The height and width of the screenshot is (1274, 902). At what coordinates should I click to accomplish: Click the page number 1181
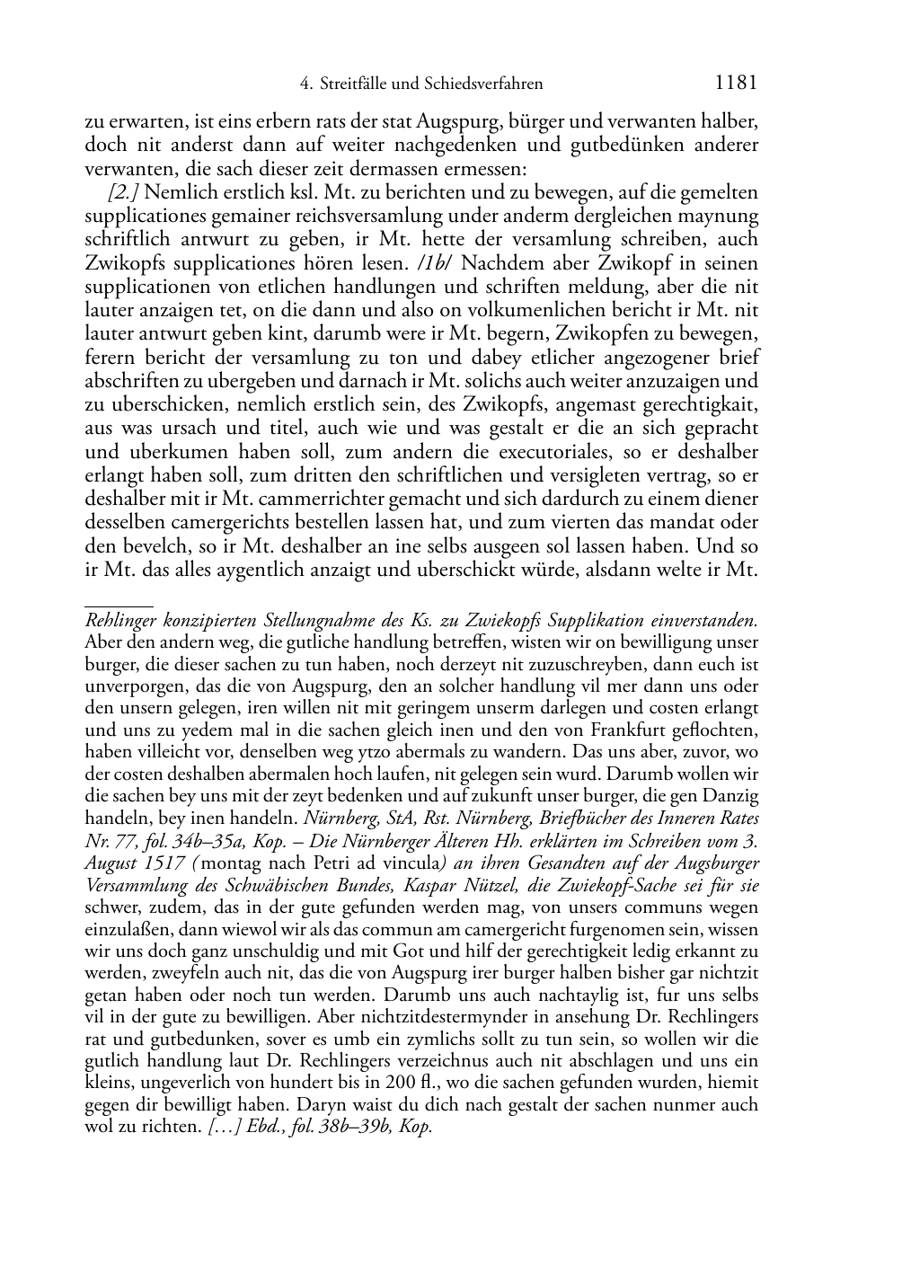(x=736, y=84)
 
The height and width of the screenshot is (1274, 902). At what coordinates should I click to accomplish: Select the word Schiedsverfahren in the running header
(x=487, y=84)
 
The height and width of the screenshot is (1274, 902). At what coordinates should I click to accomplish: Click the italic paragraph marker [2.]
(x=123, y=192)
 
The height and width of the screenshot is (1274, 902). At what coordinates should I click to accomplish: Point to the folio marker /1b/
(x=438, y=263)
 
